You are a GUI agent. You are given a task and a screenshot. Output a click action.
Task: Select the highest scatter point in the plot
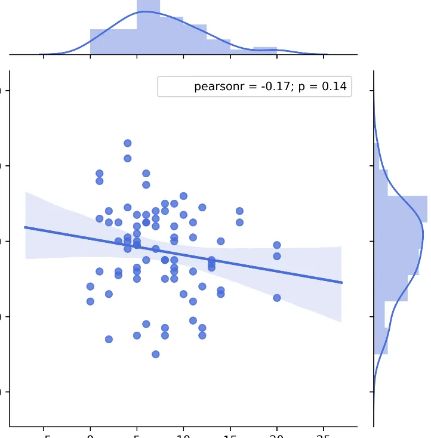click(x=127, y=143)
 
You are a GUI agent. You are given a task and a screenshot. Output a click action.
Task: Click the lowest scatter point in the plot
click(x=155, y=354)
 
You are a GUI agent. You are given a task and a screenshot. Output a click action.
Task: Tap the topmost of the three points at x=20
click(x=276, y=245)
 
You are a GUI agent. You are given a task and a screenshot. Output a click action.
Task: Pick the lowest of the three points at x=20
click(x=276, y=298)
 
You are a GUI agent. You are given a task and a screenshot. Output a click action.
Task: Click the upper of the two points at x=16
click(x=239, y=211)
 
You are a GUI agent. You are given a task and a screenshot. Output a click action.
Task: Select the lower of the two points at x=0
click(x=90, y=301)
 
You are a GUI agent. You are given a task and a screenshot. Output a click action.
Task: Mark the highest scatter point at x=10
click(x=183, y=196)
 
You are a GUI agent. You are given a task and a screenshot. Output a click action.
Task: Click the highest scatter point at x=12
click(x=202, y=208)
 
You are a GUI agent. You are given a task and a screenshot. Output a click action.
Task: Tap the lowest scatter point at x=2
click(x=109, y=339)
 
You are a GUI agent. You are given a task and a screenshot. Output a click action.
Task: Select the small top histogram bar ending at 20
click(x=265, y=50)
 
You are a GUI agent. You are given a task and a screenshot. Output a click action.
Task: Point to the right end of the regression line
click(x=341, y=282)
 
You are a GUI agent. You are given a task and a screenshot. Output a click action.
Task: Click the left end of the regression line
click(x=25, y=227)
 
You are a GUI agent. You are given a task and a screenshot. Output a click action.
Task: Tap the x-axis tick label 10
click(x=183, y=435)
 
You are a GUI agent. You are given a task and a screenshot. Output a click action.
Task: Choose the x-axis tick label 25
click(x=323, y=435)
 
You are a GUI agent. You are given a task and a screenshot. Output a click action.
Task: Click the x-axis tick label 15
click(x=230, y=435)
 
